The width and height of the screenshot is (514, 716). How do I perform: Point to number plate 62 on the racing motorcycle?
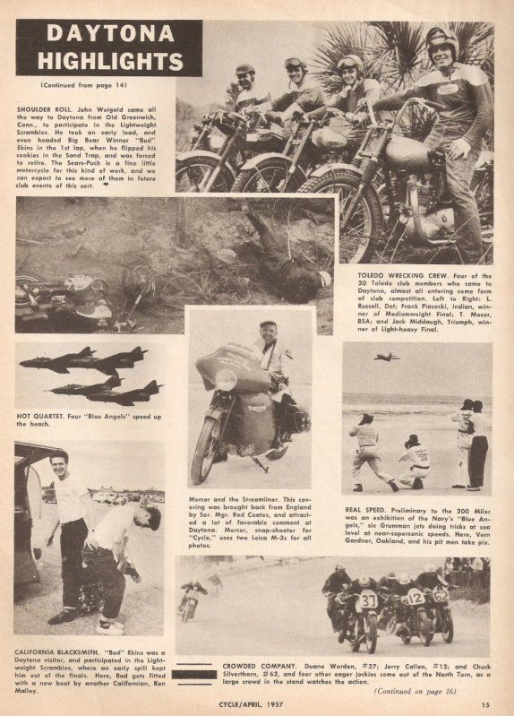[x=441, y=593]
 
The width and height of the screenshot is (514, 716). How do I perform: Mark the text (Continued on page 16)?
[x=418, y=692]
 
